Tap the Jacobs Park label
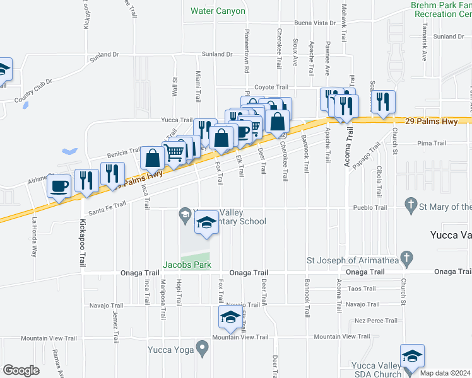pos(188,265)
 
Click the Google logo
pos(21,370)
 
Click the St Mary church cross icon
pos(411,205)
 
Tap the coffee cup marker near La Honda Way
pos(60,187)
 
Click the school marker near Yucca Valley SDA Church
pos(411,356)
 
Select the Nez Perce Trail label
pos(376,321)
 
